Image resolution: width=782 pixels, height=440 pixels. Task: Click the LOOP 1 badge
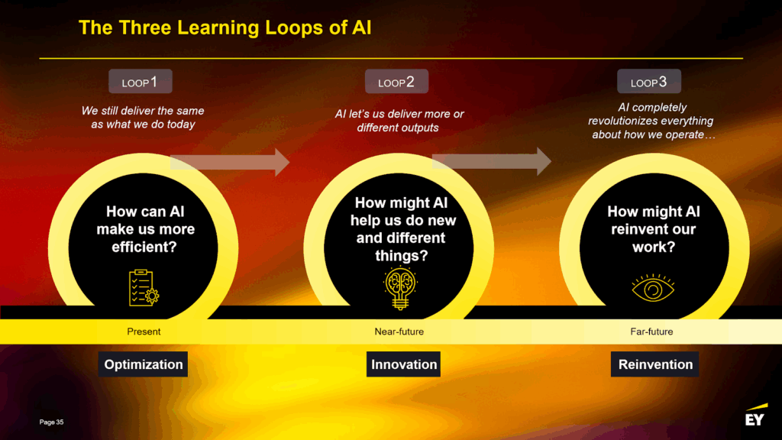(141, 81)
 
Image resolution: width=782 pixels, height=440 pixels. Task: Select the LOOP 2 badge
(396, 81)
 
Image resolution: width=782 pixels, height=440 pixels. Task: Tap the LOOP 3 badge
(649, 81)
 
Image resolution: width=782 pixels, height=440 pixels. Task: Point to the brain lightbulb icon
(400, 288)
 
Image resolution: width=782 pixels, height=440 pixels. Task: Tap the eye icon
(653, 288)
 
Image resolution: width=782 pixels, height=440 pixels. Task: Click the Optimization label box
(143, 364)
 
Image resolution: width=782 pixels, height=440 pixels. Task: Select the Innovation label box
(403, 364)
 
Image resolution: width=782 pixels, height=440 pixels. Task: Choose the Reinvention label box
(654, 364)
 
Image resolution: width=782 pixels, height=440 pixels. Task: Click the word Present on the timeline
(144, 332)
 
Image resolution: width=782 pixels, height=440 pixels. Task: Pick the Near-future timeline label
(399, 332)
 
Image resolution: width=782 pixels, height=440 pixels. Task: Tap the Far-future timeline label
(651, 332)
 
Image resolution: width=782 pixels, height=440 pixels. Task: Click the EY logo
(756, 415)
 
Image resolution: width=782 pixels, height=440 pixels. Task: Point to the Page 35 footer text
(51, 422)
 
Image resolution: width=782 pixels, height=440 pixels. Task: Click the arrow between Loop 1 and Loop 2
(230, 162)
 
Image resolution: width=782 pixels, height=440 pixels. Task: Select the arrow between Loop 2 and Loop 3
(492, 161)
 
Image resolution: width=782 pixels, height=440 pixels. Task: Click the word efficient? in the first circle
(144, 247)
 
